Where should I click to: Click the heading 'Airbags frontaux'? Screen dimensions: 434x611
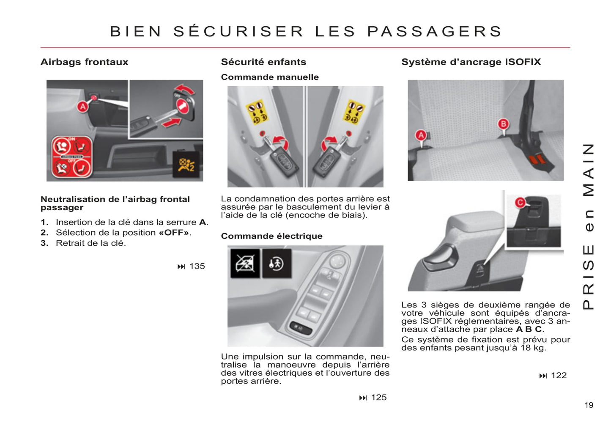pyautogui.click(x=84, y=62)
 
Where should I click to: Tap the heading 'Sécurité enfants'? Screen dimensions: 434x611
pyautogui.click(x=263, y=62)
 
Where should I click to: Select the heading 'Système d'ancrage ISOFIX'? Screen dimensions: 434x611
pyautogui.click(x=471, y=62)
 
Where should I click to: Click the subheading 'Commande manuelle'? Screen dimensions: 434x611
pyautogui.click(x=270, y=77)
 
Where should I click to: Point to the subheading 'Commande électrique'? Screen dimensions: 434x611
pyautogui.click(x=271, y=236)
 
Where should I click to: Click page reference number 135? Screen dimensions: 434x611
pyautogui.click(x=197, y=266)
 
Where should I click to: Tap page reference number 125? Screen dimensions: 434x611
pyautogui.click(x=378, y=398)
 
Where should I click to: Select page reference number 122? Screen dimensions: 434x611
pyautogui.click(x=559, y=376)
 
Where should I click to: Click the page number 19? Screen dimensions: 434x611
pyautogui.click(x=589, y=405)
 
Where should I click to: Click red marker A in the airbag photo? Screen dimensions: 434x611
pyautogui.click(x=83, y=107)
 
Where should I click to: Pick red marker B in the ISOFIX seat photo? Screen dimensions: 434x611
pyautogui.click(x=503, y=124)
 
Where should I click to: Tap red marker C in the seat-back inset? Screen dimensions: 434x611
pyautogui.click(x=520, y=203)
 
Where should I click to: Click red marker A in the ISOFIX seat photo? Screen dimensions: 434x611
pyautogui.click(x=421, y=135)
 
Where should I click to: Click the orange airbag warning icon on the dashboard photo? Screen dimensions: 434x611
pyautogui.click(x=186, y=164)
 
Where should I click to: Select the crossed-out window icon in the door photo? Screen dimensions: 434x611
pyautogui.click(x=245, y=264)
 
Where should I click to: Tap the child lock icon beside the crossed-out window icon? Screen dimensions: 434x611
pyautogui.click(x=277, y=264)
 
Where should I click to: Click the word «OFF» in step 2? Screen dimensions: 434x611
pyautogui.click(x=174, y=233)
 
